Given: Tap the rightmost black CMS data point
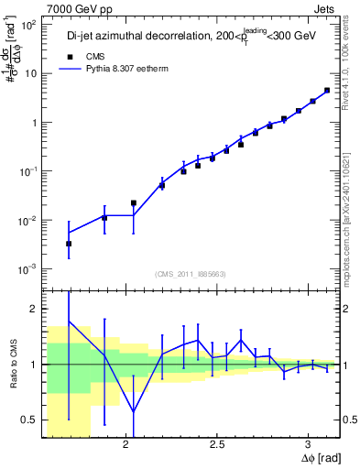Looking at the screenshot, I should click(x=327, y=91).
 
